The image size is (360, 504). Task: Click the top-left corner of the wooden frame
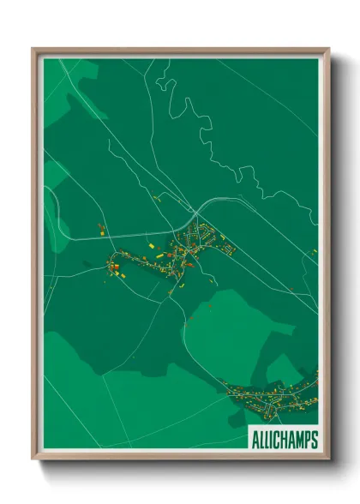coord(33,49)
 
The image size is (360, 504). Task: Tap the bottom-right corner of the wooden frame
coord(328,459)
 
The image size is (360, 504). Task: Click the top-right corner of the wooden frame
coord(328,49)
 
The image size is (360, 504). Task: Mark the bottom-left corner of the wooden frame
coord(33,459)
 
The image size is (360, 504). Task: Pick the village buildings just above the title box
coord(274,399)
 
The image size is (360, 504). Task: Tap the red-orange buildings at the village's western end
coord(114,267)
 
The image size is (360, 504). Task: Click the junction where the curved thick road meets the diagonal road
coord(195,212)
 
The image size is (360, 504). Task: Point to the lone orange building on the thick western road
coord(100,229)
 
